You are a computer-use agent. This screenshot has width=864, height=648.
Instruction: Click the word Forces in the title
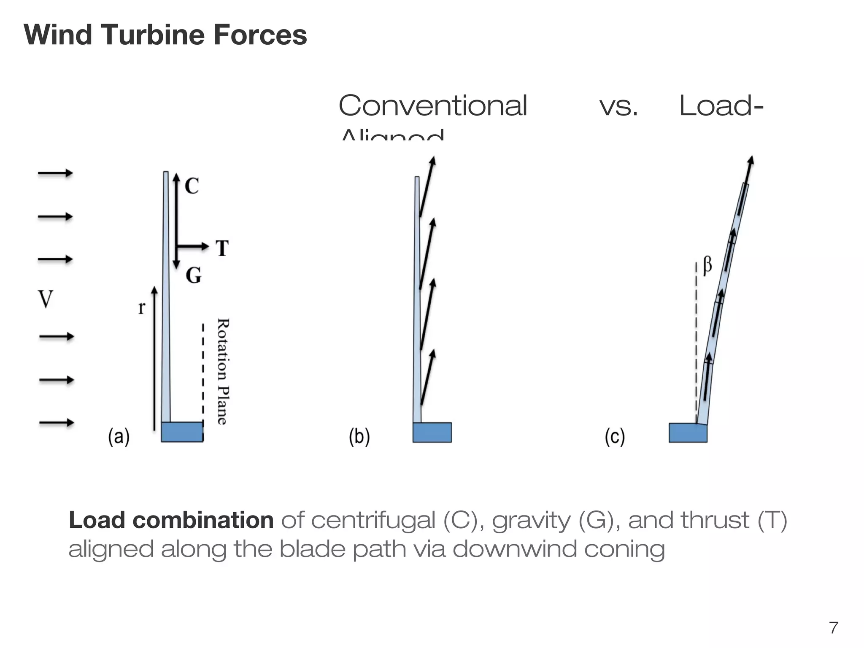pyautogui.click(x=260, y=35)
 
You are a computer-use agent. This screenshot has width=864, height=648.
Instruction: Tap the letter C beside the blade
pyautogui.click(x=192, y=186)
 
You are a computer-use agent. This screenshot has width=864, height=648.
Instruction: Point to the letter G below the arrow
pyautogui.click(x=194, y=275)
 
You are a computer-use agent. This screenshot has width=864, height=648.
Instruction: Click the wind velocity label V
pyautogui.click(x=46, y=300)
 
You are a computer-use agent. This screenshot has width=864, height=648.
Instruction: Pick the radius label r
pyautogui.click(x=141, y=308)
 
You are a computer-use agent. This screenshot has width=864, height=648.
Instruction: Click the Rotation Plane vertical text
pyautogui.click(x=223, y=371)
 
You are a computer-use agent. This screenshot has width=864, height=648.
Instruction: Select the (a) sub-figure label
pyautogui.click(x=119, y=437)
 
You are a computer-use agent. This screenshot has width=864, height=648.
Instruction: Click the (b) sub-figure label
pyautogui.click(x=359, y=437)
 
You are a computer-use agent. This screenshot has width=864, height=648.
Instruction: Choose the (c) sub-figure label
pyautogui.click(x=615, y=437)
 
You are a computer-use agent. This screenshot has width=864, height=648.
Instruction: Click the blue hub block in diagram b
pyautogui.click(x=432, y=432)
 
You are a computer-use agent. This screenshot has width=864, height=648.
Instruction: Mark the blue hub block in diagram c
pyautogui.click(x=688, y=433)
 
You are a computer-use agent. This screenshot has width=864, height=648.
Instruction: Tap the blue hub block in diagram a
pyautogui.click(x=182, y=432)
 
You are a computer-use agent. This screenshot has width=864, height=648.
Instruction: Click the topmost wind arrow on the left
pyautogui.click(x=55, y=173)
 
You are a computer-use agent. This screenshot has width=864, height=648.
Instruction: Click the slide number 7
pyautogui.click(x=834, y=628)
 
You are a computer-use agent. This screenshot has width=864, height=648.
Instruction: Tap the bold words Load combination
pyautogui.click(x=171, y=520)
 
